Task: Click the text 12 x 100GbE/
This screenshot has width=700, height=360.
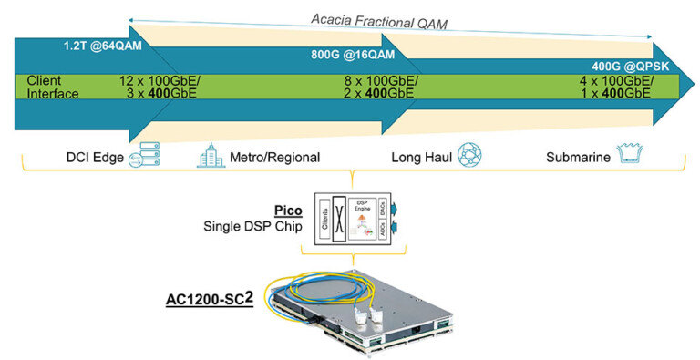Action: [160, 80]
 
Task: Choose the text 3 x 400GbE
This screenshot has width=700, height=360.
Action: [160, 93]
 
